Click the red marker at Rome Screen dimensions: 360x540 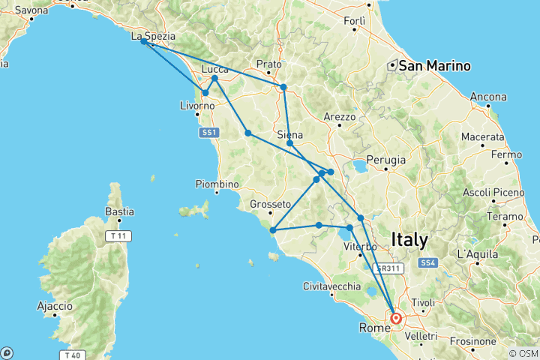[x=396, y=318]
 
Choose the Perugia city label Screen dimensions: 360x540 [x=386, y=160]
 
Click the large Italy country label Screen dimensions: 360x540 [x=409, y=240]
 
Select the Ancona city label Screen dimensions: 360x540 [x=488, y=97]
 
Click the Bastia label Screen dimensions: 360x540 [x=119, y=211]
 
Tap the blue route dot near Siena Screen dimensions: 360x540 [x=289, y=142]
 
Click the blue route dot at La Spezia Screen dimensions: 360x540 [x=143, y=42]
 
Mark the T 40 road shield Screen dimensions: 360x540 [x=72, y=355]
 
